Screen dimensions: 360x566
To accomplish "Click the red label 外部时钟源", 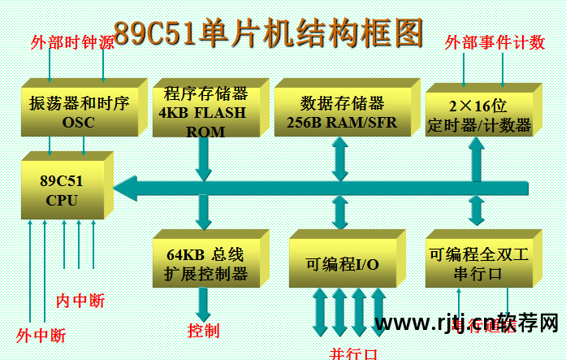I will [x=71, y=42].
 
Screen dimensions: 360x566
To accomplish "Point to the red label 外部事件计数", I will [x=495, y=42].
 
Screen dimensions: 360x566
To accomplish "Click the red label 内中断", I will [x=80, y=301].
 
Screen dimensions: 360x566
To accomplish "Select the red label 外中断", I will [x=41, y=335].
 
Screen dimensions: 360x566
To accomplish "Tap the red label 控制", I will [x=203, y=331].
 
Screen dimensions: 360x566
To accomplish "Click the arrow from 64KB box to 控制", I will [x=202, y=302].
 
